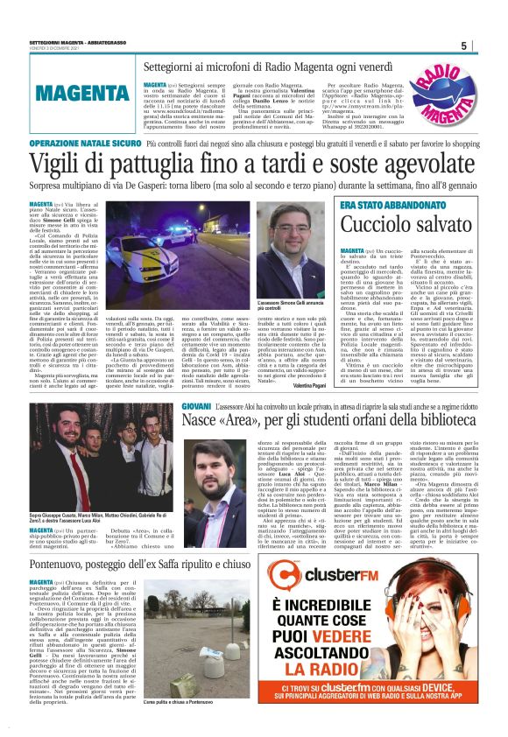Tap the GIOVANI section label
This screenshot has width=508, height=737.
[x=196, y=408]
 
